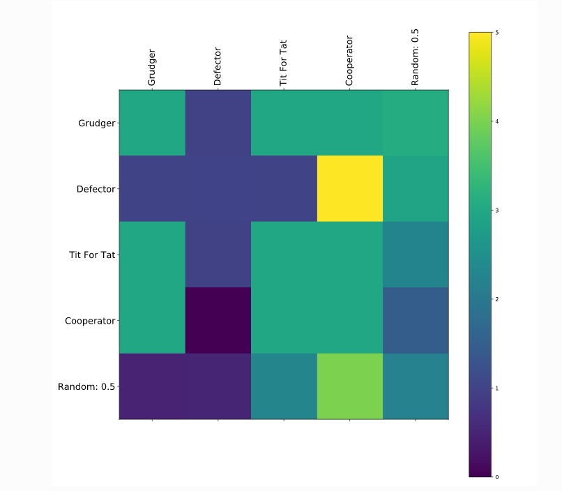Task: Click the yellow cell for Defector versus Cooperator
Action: (x=350, y=188)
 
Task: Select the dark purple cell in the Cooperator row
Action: (x=218, y=320)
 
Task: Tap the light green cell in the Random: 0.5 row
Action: (x=350, y=386)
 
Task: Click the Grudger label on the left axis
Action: (x=96, y=123)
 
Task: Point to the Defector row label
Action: (x=96, y=189)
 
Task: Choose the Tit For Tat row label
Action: (x=93, y=255)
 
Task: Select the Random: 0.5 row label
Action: (x=88, y=386)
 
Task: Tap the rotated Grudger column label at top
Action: (x=152, y=67)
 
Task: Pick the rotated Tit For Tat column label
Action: (x=283, y=62)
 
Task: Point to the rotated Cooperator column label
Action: (x=349, y=61)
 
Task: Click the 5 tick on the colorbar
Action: (x=496, y=33)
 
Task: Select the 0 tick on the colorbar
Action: (x=496, y=477)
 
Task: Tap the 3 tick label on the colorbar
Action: (x=496, y=211)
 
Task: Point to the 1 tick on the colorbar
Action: (x=496, y=388)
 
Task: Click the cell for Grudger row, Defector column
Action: (x=218, y=123)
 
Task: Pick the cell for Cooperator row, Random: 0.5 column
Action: (x=416, y=320)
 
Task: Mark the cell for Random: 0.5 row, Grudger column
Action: (x=152, y=386)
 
